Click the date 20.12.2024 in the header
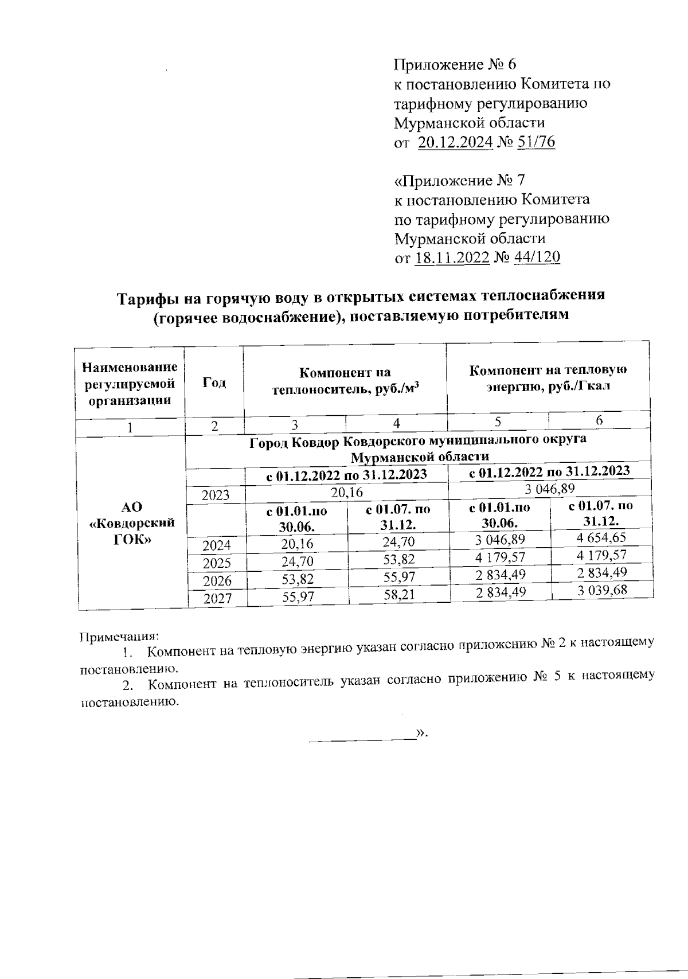point(455,142)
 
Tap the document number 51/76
point(535,142)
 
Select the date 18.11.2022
point(452,258)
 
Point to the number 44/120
point(537,258)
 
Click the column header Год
point(214,383)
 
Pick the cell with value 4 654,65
point(601,537)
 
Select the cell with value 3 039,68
point(601,590)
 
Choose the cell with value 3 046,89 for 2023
point(549,489)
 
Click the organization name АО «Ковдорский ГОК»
point(132,524)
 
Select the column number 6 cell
point(599,420)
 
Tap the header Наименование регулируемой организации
point(130,383)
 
